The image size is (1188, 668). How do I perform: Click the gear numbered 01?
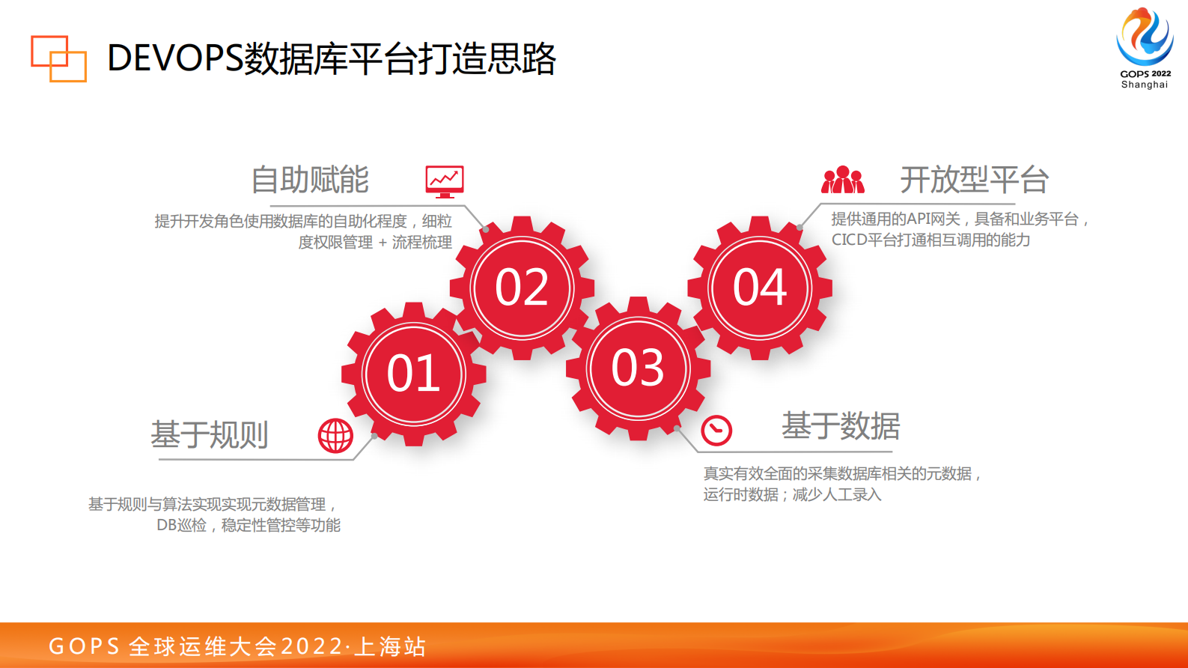[413, 374]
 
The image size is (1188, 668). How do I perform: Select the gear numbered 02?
[522, 288]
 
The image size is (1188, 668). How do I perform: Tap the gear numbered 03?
[638, 368]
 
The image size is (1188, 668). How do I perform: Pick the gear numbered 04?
[760, 288]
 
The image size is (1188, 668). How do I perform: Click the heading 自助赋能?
[310, 180]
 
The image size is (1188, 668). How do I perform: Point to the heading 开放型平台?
[974, 180]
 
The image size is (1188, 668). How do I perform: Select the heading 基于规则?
[210, 434]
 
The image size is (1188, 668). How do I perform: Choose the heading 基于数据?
[841, 426]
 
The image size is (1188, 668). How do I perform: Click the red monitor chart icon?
[445, 181]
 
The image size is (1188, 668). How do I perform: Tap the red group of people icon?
[843, 180]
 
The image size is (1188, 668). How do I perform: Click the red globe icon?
[335, 435]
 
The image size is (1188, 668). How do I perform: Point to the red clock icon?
[716, 430]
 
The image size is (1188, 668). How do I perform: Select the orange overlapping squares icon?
[58, 58]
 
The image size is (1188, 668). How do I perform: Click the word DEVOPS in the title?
[175, 58]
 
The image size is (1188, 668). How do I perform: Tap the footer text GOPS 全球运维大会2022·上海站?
[237, 646]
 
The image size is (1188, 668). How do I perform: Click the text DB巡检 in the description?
[181, 525]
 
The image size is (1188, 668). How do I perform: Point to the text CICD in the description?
[849, 240]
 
